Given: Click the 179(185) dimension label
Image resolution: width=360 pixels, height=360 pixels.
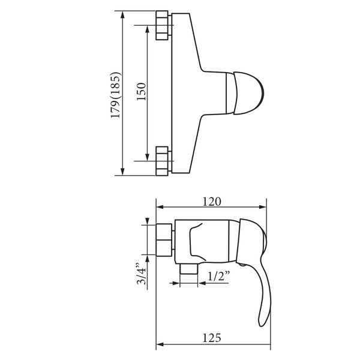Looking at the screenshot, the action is (x=115, y=95).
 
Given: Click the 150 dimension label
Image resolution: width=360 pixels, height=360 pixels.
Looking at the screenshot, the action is (x=141, y=91).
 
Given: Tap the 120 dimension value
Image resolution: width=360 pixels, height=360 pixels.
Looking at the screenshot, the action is (x=212, y=202).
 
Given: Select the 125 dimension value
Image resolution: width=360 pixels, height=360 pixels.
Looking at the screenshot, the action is (x=212, y=338).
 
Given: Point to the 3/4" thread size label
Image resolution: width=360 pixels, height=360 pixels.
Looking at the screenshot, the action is (x=141, y=274).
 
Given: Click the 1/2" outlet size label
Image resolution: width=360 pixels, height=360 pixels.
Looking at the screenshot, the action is (x=219, y=276).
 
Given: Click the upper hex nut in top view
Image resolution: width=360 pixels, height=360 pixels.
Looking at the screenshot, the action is (x=162, y=25).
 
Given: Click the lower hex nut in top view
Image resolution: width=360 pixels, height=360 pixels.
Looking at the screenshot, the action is (x=162, y=161).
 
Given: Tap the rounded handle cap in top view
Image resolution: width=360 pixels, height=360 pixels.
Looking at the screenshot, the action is (x=248, y=93).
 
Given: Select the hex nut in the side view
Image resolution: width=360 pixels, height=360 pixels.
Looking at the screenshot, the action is (x=164, y=239).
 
